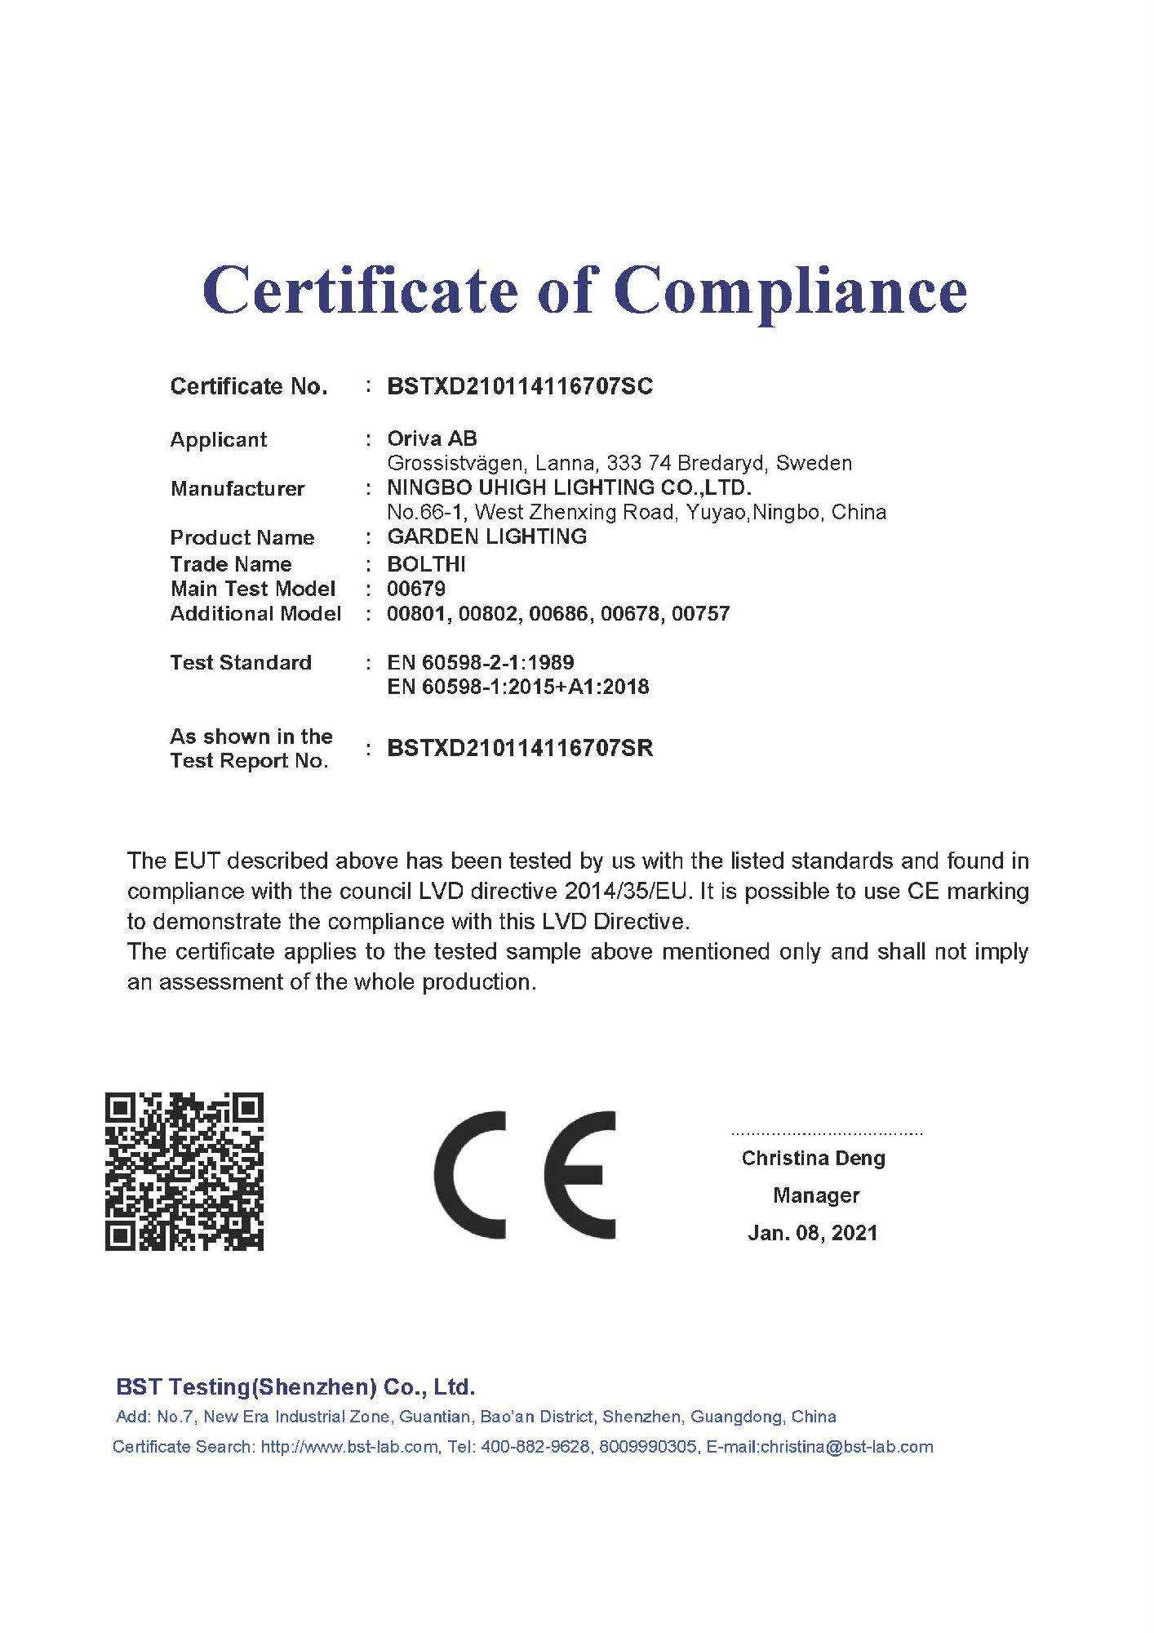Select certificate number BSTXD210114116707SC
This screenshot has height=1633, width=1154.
coord(520,386)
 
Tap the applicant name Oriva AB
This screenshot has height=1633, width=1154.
coord(432,438)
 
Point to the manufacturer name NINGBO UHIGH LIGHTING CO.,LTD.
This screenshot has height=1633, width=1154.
coord(569,487)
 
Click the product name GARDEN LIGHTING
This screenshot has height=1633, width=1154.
coord(486,536)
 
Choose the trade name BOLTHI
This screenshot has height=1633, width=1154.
coord(426,564)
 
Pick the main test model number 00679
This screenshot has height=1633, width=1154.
coord(416,589)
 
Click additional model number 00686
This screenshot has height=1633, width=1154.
coord(558,613)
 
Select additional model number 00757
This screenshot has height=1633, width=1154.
coord(701,613)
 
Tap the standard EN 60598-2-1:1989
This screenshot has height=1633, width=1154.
coord(481,662)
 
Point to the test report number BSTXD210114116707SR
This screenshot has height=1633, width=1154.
coord(520,748)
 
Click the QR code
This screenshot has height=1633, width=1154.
coord(184,1171)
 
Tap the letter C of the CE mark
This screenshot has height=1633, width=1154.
coord(470,1175)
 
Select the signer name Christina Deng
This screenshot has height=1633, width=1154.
coord(813,1158)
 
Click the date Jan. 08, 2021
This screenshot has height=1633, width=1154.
coord(813,1233)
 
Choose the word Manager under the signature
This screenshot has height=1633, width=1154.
coord(816,1195)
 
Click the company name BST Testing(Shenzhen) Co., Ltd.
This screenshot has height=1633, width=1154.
coord(295,1387)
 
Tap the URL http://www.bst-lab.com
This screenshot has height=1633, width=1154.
coord(349,1447)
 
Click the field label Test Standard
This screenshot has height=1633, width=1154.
coord(241,662)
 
